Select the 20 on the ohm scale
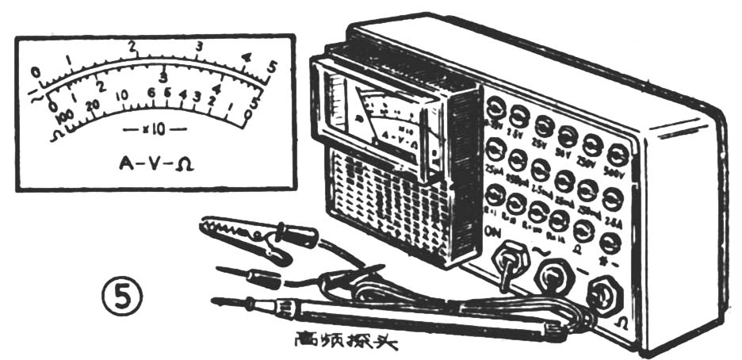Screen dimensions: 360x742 tap(94, 105)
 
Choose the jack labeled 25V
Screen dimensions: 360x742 tap(544, 127)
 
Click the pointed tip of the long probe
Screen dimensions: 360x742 tap(216, 300)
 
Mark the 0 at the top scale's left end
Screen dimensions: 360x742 tap(34, 72)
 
